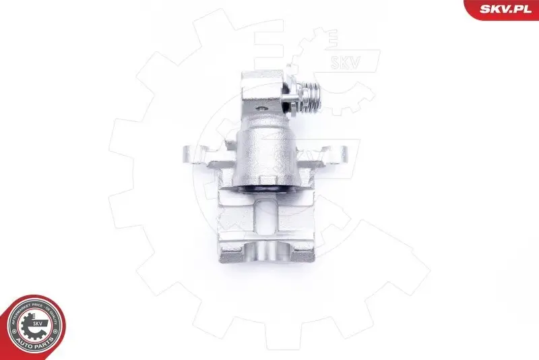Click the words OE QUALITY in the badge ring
click(x=52, y=315)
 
